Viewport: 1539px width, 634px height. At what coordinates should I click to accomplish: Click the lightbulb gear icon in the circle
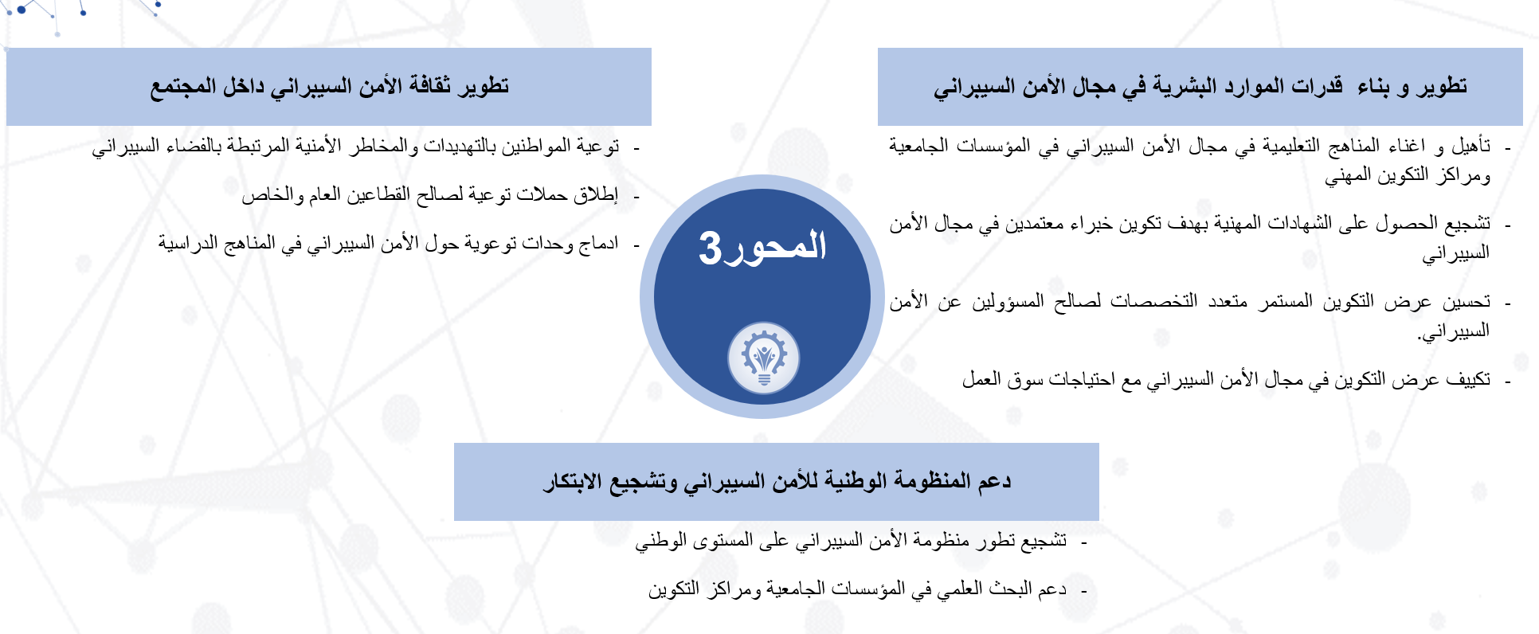click(x=763, y=358)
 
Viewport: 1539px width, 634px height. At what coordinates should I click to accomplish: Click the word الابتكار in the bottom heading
click(x=572, y=482)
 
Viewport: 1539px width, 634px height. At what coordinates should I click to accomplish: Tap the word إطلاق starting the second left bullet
click(x=597, y=195)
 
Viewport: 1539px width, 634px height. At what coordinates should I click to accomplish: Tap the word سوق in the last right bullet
click(x=1024, y=381)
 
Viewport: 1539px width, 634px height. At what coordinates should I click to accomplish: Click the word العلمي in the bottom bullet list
click(x=962, y=589)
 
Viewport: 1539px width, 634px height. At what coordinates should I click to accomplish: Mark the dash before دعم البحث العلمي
click(x=1084, y=591)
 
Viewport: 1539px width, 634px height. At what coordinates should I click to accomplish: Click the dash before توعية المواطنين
click(x=636, y=148)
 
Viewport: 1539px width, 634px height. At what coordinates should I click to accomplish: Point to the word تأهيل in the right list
click(x=1470, y=146)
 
